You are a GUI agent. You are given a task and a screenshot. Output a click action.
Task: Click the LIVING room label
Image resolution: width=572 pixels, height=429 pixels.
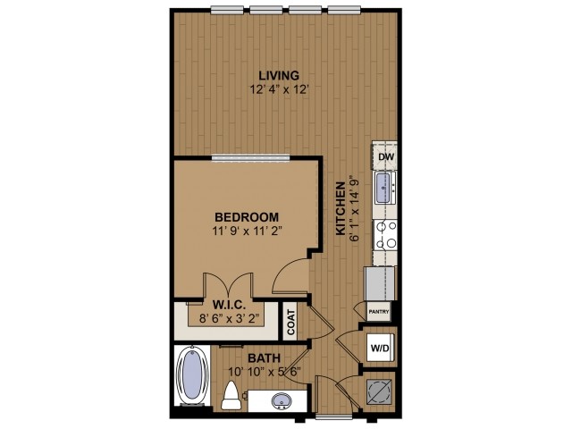click(278, 75)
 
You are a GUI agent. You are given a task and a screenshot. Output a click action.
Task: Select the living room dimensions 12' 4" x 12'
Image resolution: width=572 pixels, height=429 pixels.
click(278, 89)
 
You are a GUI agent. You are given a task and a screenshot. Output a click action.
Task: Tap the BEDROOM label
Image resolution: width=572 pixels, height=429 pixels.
click(248, 217)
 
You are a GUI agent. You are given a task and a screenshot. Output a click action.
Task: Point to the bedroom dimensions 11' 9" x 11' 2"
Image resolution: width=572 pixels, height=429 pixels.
click(248, 231)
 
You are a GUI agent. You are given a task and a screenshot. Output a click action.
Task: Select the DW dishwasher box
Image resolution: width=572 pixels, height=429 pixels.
click(385, 157)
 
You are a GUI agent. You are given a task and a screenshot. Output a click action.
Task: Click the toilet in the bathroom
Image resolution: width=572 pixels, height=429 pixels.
click(231, 394)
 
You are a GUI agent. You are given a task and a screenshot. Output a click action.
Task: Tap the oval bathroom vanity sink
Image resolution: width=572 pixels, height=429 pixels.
click(280, 400)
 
